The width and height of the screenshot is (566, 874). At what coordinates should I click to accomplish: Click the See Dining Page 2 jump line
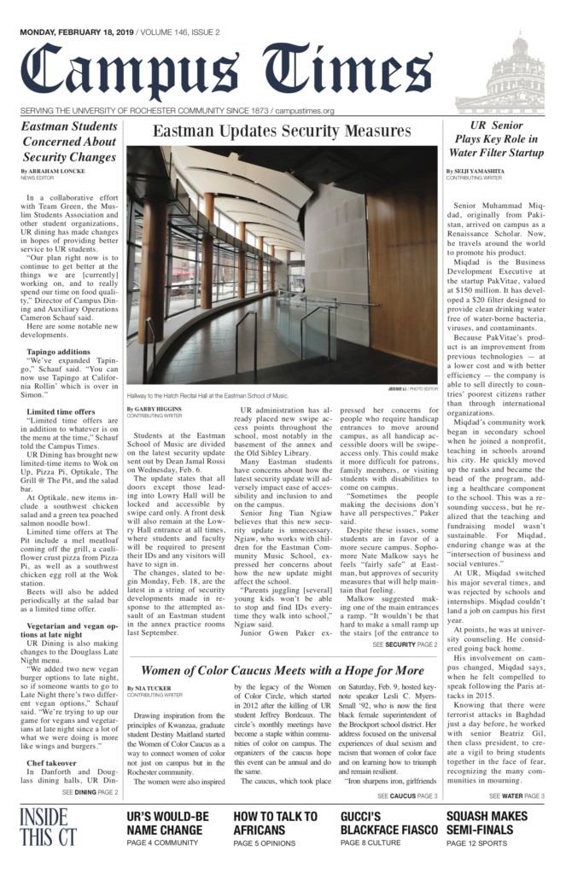pyautogui.click(x=90, y=793)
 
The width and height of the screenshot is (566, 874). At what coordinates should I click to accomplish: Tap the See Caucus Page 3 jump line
pyautogui.click(x=406, y=795)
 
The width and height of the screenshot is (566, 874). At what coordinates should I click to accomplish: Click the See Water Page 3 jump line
pyautogui.click(x=516, y=795)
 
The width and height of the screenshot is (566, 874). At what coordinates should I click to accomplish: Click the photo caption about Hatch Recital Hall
pyautogui.click(x=207, y=396)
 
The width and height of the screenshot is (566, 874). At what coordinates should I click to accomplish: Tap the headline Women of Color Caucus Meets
pyautogui.click(x=282, y=670)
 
